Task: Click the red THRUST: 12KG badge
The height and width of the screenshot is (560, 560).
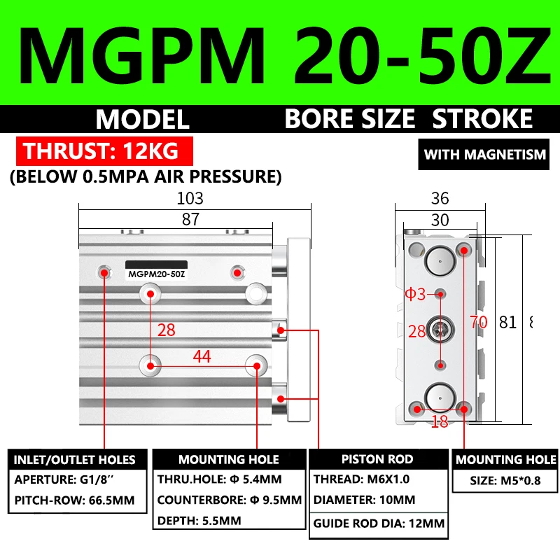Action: pyautogui.click(x=104, y=151)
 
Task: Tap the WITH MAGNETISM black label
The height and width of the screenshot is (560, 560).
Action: pyautogui.click(x=485, y=154)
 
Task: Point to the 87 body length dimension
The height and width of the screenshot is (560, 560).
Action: pyautogui.click(x=190, y=219)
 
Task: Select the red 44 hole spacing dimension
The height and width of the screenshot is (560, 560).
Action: pyautogui.click(x=202, y=357)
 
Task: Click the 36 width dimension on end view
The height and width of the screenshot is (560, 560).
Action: pyautogui.click(x=440, y=198)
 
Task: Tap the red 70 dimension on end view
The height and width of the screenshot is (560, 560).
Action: pyautogui.click(x=478, y=323)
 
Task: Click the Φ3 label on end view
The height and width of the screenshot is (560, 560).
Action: pyautogui.click(x=415, y=294)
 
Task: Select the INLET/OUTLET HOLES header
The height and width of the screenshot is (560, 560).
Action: pyautogui.click(x=75, y=460)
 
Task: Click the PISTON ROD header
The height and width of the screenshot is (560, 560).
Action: pyautogui.click(x=377, y=459)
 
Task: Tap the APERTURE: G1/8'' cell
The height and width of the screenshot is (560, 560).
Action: pyautogui.click(x=66, y=480)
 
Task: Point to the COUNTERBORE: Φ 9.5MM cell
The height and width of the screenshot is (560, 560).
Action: pyautogui.click(x=229, y=500)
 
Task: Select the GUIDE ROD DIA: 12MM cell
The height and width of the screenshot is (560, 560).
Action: pyautogui.click(x=379, y=523)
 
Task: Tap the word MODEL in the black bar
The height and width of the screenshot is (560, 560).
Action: pyautogui.click(x=143, y=119)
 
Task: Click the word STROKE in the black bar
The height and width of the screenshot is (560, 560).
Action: pyautogui.click(x=482, y=119)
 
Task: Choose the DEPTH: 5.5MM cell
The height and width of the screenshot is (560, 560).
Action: pyautogui.click(x=199, y=521)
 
